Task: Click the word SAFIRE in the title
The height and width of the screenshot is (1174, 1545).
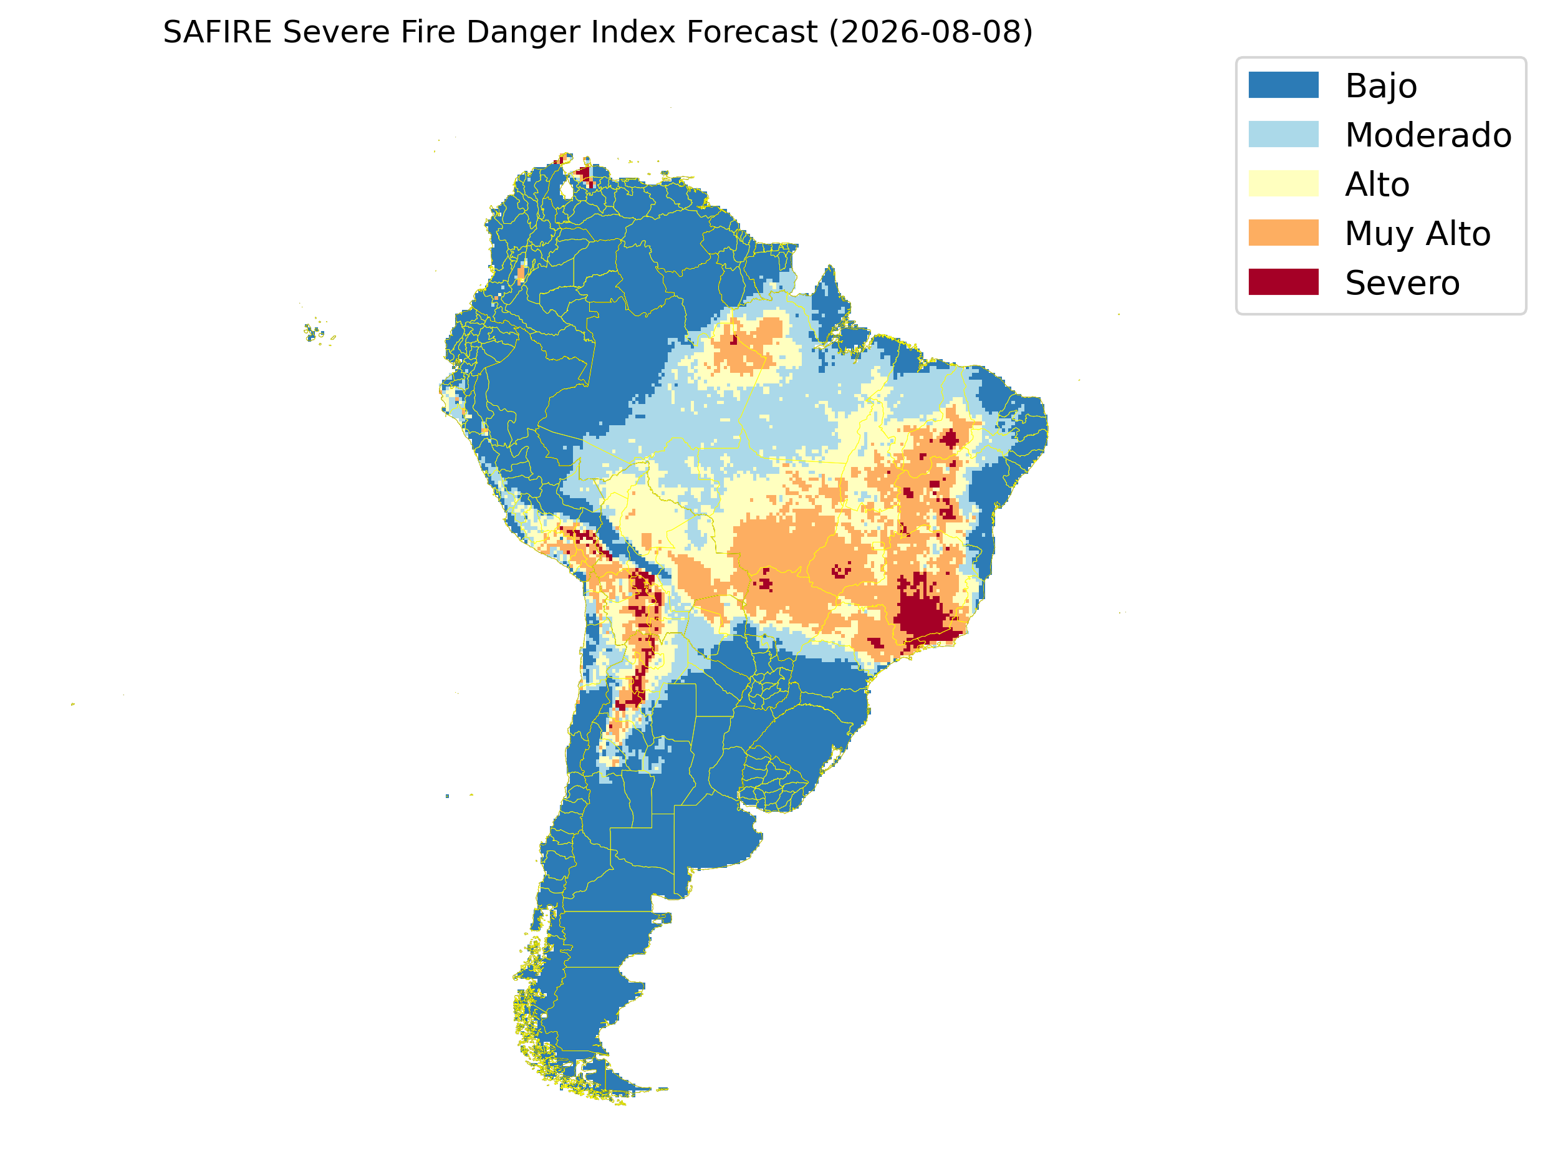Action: pos(218,32)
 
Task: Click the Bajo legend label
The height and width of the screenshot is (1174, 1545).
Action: pos(1381,87)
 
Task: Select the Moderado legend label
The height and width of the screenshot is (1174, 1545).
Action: pos(1428,135)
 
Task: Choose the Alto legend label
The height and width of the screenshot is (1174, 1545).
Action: pos(1377,185)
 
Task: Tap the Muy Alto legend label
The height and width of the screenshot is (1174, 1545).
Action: pos(1418,234)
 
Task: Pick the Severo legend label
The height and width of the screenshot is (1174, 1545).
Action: pos(1402,283)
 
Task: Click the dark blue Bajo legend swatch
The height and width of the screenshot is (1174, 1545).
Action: pos(1284,85)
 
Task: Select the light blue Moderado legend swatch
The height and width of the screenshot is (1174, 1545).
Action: pos(1284,134)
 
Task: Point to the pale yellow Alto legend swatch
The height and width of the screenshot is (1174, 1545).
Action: pos(1284,184)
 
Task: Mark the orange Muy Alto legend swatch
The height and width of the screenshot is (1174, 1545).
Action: pos(1284,233)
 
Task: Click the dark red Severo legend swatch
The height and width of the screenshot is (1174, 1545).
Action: pos(1284,282)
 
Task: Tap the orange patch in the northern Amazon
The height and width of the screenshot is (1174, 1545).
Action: pos(751,342)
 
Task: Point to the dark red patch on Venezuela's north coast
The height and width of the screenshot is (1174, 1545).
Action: pos(584,173)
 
